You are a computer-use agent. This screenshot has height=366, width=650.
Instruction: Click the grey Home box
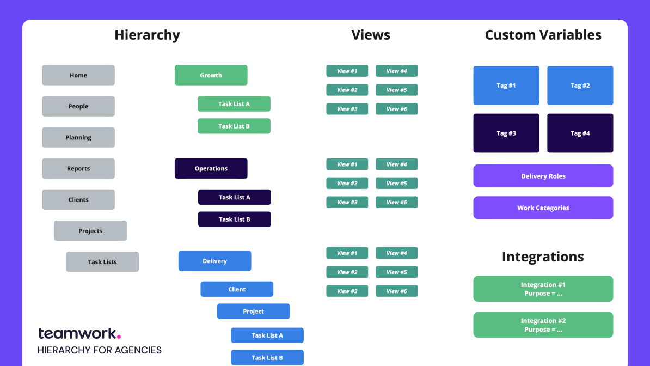[78, 75]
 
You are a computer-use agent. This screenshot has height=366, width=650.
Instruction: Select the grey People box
[78, 106]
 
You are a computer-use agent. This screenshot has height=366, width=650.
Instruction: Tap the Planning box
[78, 137]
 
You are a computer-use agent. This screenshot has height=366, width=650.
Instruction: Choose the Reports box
[78, 168]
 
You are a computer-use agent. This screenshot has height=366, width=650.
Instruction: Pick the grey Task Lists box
[102, 261]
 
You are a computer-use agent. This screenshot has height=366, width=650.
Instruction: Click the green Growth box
[211, 75]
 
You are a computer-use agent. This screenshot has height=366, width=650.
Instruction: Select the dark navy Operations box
[211, 168]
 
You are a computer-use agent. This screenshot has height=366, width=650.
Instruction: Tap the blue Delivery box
[214, 261]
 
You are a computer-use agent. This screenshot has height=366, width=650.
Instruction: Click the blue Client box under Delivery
[237, 289]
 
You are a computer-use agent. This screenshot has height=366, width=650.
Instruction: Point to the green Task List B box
[234, 126]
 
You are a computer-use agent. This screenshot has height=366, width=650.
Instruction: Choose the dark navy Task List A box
[234, 197]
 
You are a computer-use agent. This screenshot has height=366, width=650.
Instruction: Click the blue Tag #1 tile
[506, 86]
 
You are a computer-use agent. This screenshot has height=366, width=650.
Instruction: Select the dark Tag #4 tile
[580, 133]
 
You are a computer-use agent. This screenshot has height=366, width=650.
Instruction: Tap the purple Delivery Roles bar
[543, 176]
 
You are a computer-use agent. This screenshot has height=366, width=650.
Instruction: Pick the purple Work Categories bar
[543, 208]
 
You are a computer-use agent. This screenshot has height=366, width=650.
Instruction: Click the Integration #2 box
[543, 325]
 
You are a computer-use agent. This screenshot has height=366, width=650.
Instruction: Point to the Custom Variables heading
[543, 35]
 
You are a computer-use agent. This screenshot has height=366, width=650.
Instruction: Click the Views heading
[371, 35]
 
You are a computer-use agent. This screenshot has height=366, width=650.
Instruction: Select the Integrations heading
[543, 257]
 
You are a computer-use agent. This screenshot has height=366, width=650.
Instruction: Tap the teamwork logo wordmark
[79, 333]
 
